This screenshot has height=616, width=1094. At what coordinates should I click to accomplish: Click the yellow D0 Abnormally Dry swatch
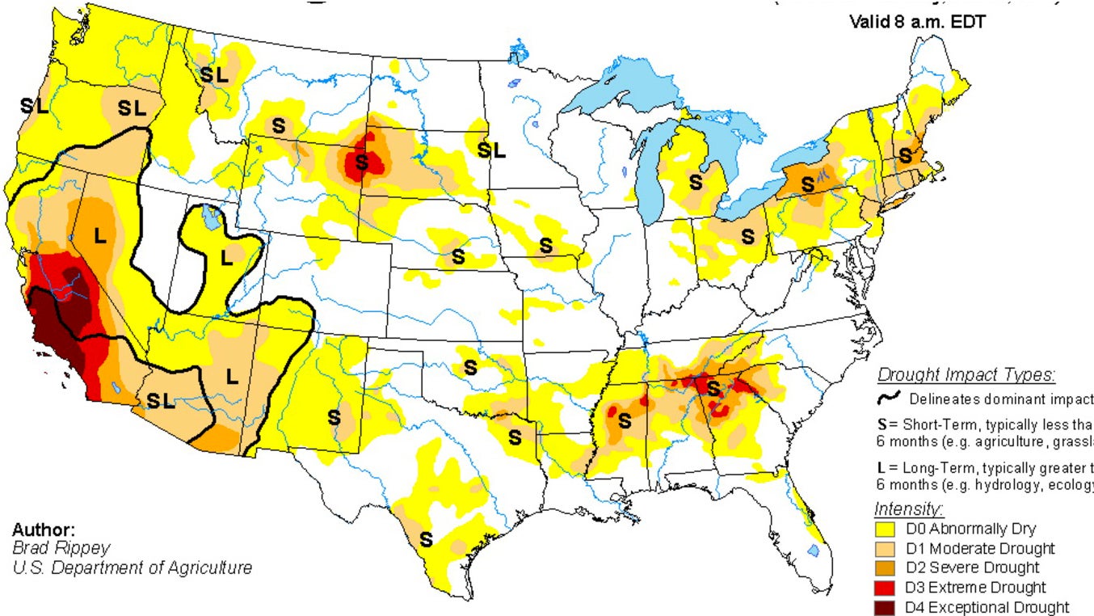[x=887, y=530]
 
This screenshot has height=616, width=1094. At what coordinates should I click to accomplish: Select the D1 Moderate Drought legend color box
[x=887, y=549]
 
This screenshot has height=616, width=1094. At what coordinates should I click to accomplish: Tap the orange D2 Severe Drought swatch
[x=887, y=568]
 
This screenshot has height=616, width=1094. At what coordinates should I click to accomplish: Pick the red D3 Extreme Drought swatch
[x=887, y=588]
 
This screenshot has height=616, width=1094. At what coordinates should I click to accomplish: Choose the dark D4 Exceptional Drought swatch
[x=887, y=607]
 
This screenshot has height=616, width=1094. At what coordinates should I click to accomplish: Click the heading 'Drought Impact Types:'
[x=966, y=375]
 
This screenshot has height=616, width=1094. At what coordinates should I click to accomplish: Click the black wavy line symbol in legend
[x=890, y=398]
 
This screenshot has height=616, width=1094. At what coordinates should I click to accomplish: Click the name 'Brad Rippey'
[x=49, y=548]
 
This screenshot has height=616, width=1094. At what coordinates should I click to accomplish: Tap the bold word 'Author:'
[x=44, y=530]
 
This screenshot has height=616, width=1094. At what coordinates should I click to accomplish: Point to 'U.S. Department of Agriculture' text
[x=132, y=567]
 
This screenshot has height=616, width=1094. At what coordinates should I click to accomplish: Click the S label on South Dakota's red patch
[x=361, y=162]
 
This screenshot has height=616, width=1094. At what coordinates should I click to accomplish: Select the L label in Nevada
[x=100, y=236]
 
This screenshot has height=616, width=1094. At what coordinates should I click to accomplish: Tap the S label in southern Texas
[x=425, y=539]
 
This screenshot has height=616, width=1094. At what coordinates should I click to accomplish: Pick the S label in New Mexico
[x=334, y=418]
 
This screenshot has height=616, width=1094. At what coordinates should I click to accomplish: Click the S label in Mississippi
[x=624, y=420]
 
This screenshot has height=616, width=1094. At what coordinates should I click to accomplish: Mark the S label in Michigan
[x=695, y=182]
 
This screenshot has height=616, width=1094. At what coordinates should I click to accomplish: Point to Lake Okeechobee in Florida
[x=813, y=551]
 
